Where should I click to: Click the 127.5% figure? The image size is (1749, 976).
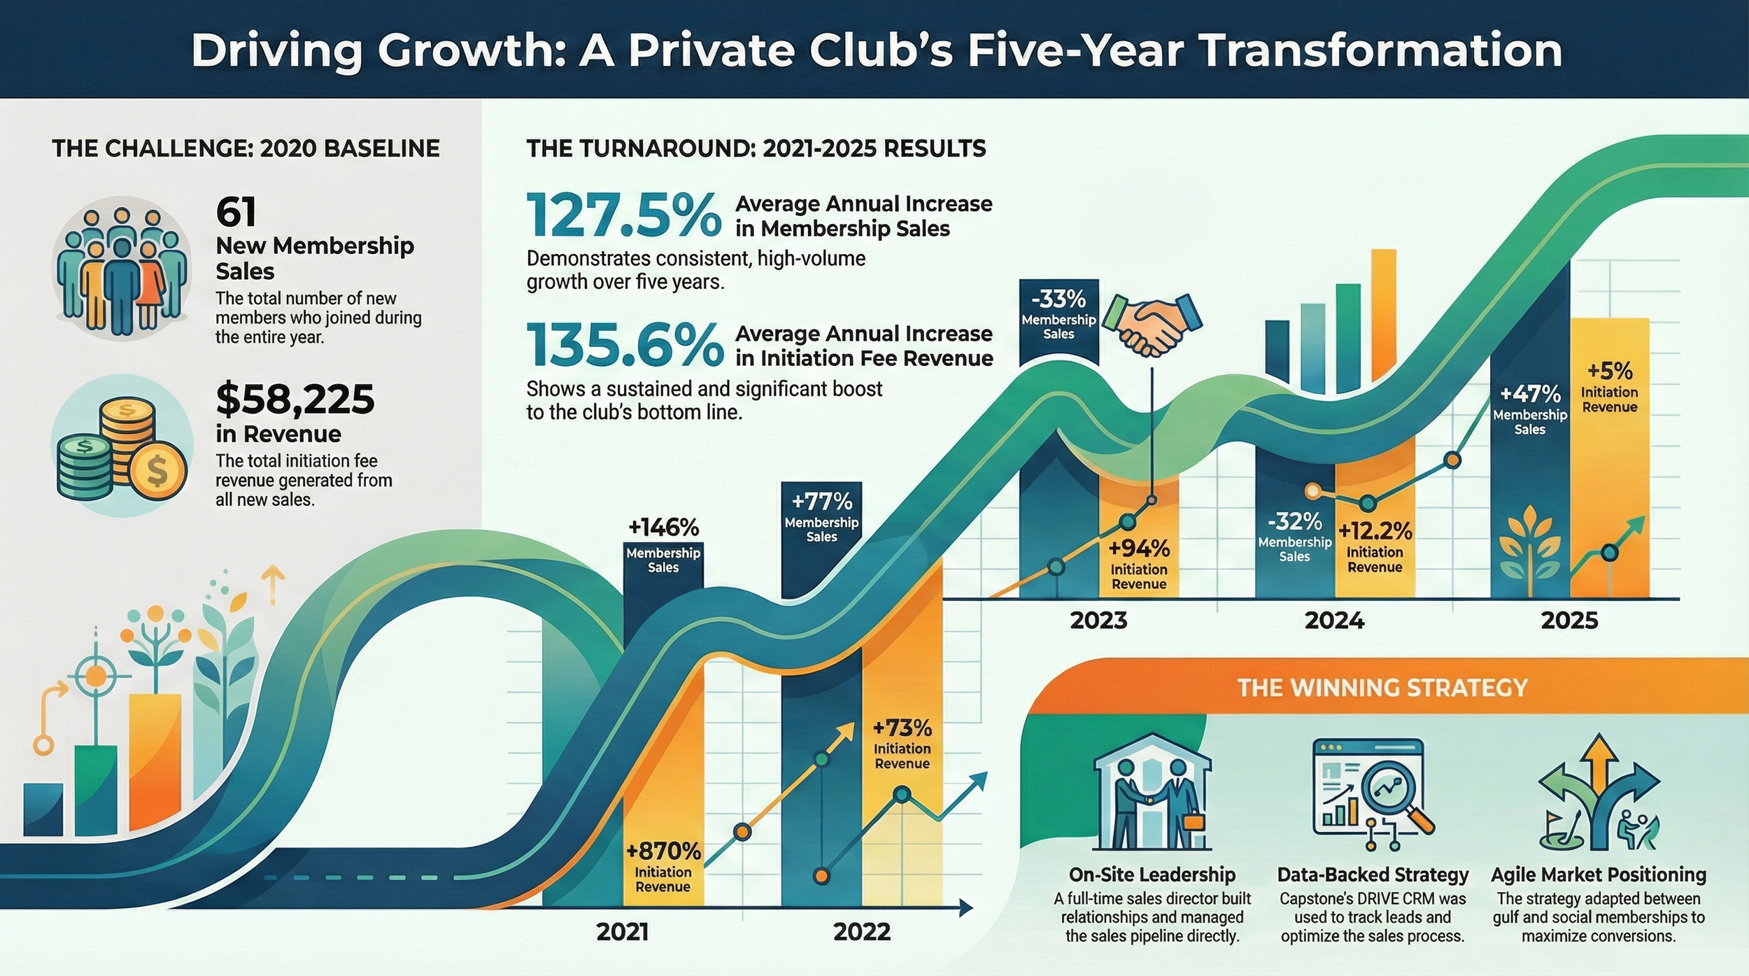pos(623,215)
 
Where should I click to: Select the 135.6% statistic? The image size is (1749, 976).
pos(625,345)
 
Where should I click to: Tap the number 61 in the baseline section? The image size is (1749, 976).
pos(236,212)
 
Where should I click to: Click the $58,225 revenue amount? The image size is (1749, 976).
pos(295,399)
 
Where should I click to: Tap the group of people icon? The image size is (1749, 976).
pos(122,269)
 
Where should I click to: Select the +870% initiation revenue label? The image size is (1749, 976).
pos(663,851)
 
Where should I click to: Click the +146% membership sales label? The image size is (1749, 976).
pos(663,527)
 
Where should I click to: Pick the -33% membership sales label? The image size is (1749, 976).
pos(1058,299)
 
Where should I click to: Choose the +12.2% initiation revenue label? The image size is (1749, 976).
pos(1375,532)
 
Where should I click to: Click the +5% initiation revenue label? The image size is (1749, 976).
pos(1609,371)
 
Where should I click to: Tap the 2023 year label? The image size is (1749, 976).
pos(1098,621)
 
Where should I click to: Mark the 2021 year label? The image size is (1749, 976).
pos(623,932)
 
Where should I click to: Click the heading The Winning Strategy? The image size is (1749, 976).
pos(1382,688)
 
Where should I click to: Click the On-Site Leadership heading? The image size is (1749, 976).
pos(1152,875)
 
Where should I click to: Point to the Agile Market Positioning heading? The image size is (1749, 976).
pos(1599,875)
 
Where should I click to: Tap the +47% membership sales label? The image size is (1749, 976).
pos(1530,394)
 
